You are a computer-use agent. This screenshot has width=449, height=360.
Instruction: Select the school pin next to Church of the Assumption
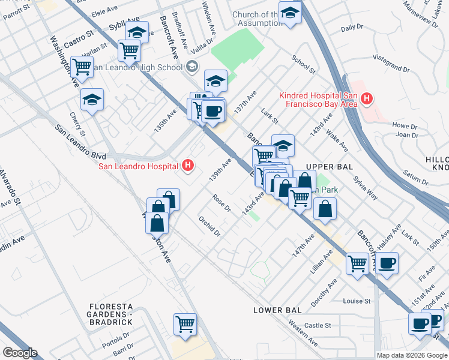[x=291, y=14]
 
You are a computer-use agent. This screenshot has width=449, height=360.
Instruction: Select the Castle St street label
[x=318, y=325]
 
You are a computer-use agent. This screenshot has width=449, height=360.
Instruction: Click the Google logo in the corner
[x=20, y=353]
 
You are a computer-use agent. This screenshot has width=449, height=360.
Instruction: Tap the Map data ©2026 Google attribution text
[x=412, y=355]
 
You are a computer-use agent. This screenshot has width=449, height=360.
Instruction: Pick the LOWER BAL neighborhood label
[x=277, y=310]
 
